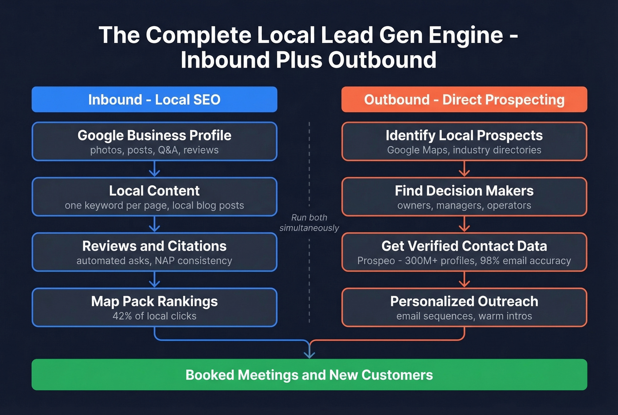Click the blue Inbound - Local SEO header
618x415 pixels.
pyautogui.click(x=154, y=99)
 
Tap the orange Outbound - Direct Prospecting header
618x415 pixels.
pyautogui.click(x=464, y=99)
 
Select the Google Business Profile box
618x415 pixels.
pyautogui.click(x=154, y=141)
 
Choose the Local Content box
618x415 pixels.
pyautogui.click(x=154, y=197)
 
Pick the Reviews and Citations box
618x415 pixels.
pyautogui.click(x=154, y=252)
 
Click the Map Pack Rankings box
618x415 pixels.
pyautogui.click(x=154, y=307)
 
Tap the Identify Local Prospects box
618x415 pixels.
pyautogui.click(x=464, y=141)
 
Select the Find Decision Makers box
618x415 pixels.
pyautogui.click(x=464, y=197)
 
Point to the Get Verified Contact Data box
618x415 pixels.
pyautogui.click(x=464, y=252)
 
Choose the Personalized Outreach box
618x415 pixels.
pyautogui.click(x=464, y=307)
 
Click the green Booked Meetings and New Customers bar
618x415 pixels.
pyautogui.click(x=309, y=374)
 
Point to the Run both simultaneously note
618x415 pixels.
pyautogui.click(x=309, y=223)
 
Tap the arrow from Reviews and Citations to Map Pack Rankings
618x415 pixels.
pyautogui.click(x=154, y=280)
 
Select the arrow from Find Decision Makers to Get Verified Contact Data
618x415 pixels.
pyautogui.click(x=464, y=225)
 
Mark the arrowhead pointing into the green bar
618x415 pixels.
pyautogui.click(x=309, y=354)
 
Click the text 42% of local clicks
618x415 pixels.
pyautogui.click(x=154, y=316)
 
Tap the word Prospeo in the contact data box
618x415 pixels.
pyautogui.click(x=376, y=261)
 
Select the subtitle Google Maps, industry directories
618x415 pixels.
pyautogui.click(x=464, y=150)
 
